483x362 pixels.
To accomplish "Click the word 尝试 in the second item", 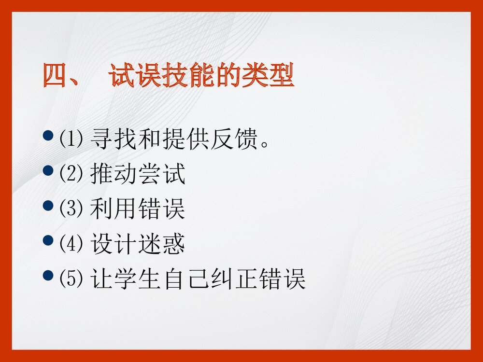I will [x=162, y=175].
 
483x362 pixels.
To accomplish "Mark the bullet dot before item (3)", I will [x=48, y=205].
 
